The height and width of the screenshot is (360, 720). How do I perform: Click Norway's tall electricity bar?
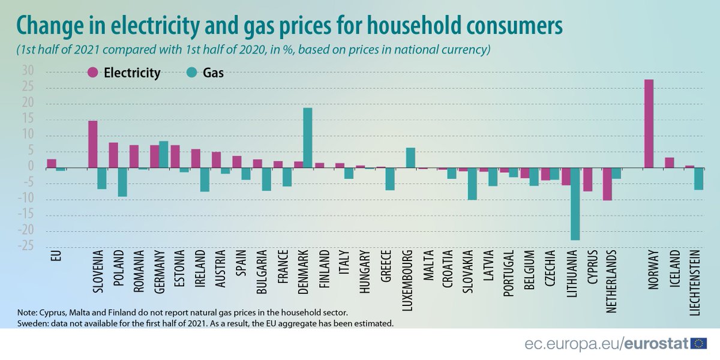click(x=649, y=124)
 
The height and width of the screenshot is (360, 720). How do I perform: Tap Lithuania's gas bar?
click(x=575, y=204)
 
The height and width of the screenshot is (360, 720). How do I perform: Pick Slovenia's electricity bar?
click(x=93, y=145)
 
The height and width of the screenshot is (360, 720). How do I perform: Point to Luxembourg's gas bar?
click(x=410, y=158)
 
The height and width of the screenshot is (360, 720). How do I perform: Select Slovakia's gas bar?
click(x=472, y=184)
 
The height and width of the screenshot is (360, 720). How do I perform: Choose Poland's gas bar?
click(x=122, y=182)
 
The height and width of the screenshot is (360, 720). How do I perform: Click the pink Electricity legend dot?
click(x=93, y=73)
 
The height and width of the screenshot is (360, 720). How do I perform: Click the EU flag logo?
click(x=699, y=343)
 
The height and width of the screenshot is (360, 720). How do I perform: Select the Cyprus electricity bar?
click(x=587, y=179)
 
